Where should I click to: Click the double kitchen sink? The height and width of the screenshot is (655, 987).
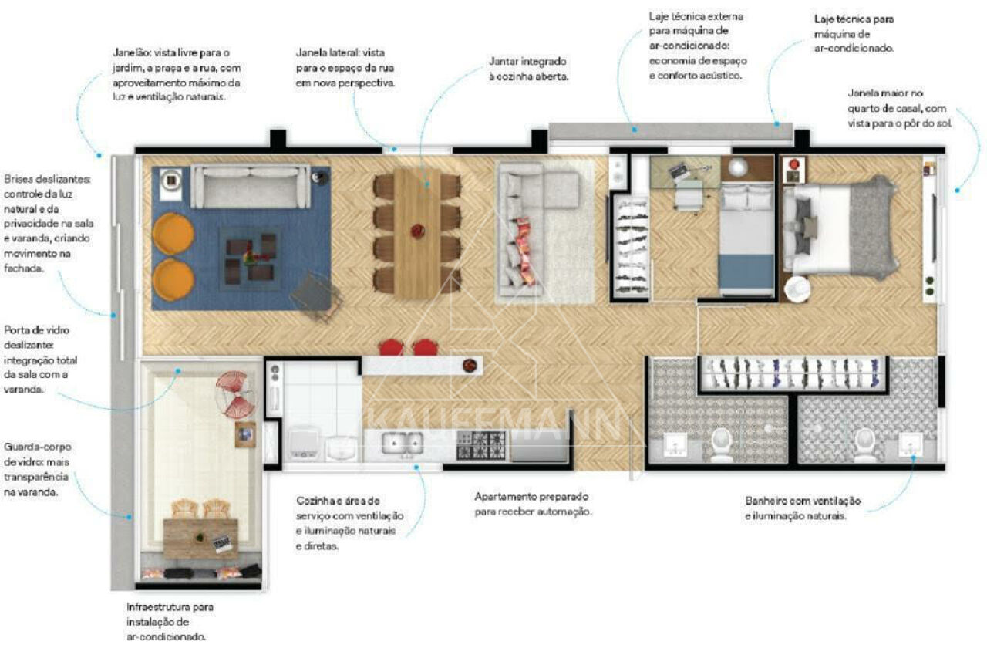click(402, 444)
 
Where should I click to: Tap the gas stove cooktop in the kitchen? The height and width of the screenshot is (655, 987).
click(480, 445)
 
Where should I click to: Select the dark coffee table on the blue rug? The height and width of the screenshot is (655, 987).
click(251, 258)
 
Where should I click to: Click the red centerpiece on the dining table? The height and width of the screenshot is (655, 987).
click(417, 231)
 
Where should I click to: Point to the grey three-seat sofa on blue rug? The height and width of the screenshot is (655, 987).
click(251, 187)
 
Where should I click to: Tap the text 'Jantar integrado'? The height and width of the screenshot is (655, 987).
click(527, 61)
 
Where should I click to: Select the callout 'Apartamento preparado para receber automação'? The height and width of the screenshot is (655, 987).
click(533, 504)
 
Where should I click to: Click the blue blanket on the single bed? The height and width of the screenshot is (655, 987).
click(746, 271)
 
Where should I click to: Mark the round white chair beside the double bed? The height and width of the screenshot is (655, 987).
click(797, 289)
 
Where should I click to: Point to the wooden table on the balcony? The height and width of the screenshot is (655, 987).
click(201, 539)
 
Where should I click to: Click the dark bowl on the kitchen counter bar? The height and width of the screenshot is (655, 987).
click(470, 365)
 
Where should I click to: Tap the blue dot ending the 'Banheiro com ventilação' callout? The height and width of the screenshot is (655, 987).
click(913, 458)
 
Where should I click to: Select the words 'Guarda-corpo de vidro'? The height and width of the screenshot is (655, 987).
click(37, 454)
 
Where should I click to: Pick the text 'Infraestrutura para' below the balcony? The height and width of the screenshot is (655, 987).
click(170, 607)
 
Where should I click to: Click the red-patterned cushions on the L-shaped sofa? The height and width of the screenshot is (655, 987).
click(526, 252)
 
